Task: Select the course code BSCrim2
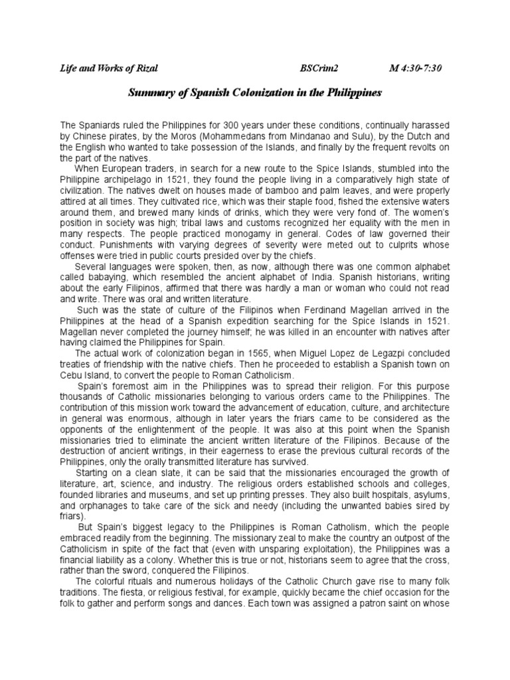tap(320, 68)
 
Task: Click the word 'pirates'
tap(114, 136)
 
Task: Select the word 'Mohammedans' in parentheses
tap(219, 136)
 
